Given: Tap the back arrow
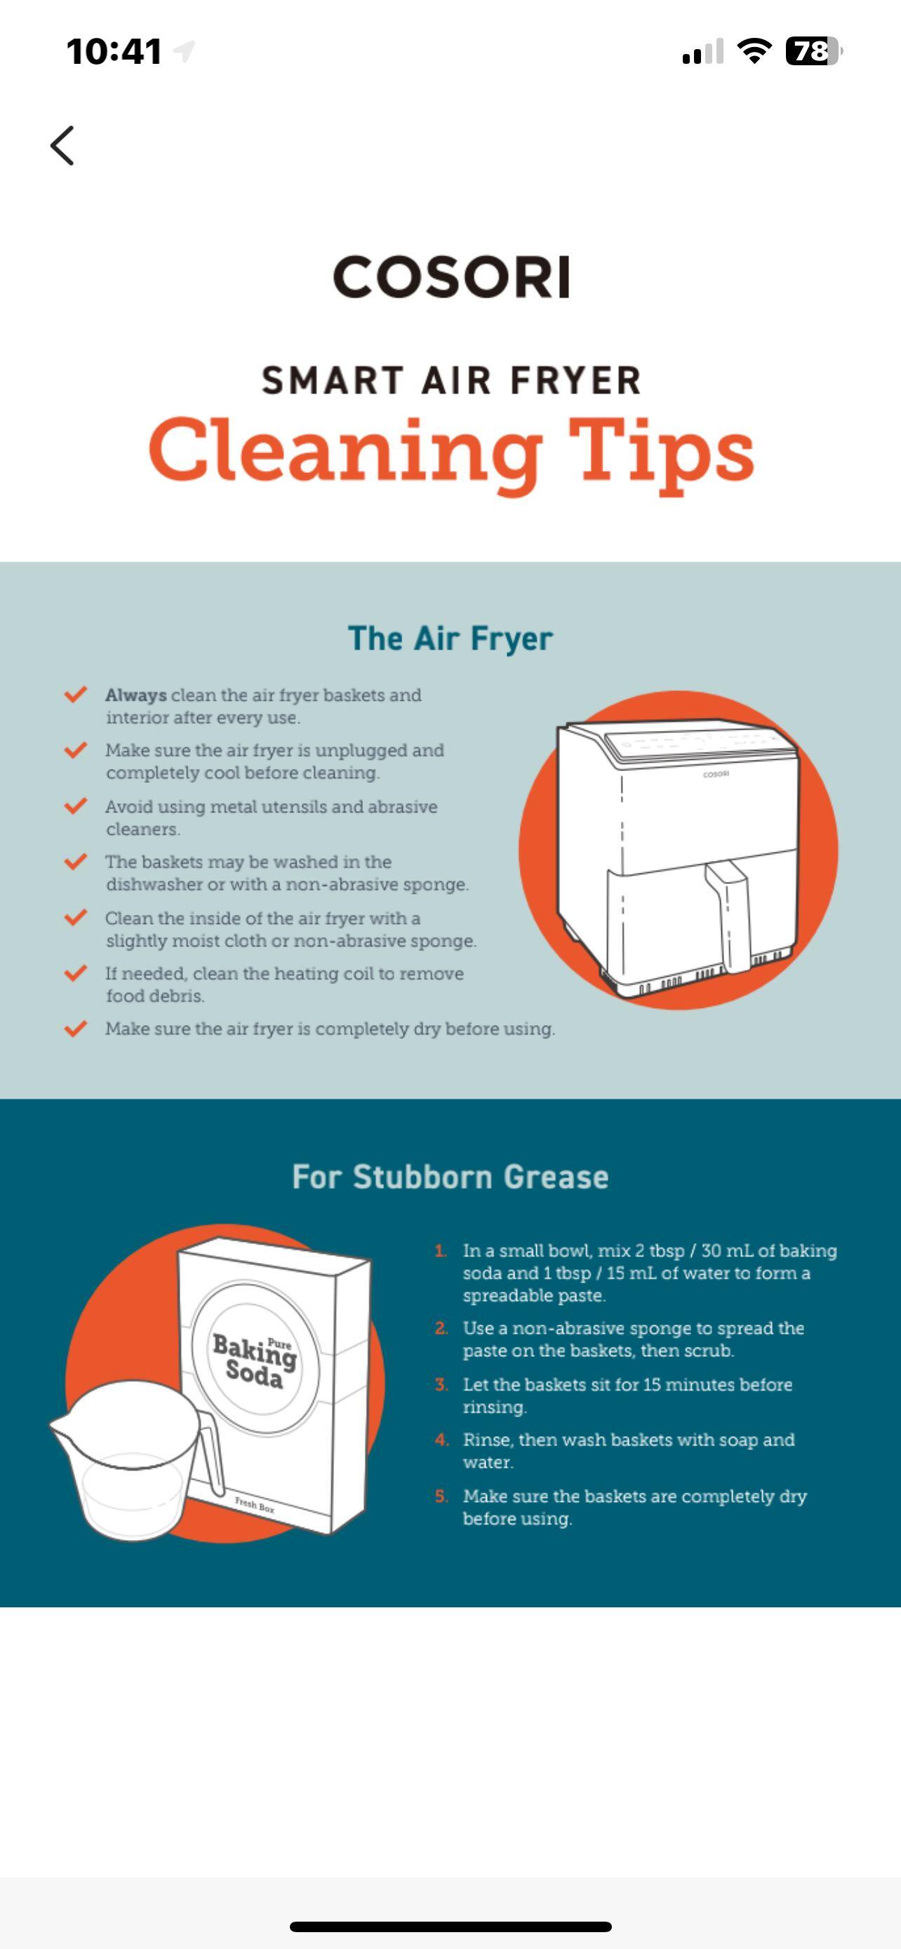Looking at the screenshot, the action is click(62, 145).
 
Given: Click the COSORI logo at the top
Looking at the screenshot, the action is click(451, 277).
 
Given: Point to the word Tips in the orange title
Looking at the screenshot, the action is click(661, 453).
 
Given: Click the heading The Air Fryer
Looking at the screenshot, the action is click(450, 638).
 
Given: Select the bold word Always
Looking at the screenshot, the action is click(136, 695).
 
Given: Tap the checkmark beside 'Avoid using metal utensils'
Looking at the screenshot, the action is click(75, 806).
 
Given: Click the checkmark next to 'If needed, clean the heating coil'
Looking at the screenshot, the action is click(75, 973).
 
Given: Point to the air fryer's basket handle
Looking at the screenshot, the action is click(727, 915).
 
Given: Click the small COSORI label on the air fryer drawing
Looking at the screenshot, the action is click(716, 774).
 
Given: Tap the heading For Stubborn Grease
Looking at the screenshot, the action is click(450, 1177).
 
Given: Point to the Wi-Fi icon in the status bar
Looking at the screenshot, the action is click(754, 51).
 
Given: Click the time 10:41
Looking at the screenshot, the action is click(114, 51).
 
